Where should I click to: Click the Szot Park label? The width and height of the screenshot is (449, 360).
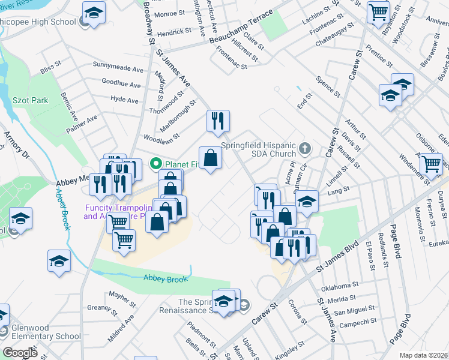pyautogui.click(x=31, y=100)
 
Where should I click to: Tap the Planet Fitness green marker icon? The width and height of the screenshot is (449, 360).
pyautogui.click(x=156, y=163)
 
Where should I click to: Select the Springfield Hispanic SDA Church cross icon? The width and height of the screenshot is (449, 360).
pyautogui.click(x=306, y=147)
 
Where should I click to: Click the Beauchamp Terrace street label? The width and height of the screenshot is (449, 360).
pyautogui.click(x=238, y=34)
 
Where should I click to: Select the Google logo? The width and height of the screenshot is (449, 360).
pyautogui.click(x=20, y=352)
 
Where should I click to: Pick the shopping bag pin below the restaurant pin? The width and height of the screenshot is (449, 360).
pyautogui.click(x=210, y=158)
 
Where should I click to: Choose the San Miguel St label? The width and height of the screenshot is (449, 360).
pyautogui.click(x=354, y=311)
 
